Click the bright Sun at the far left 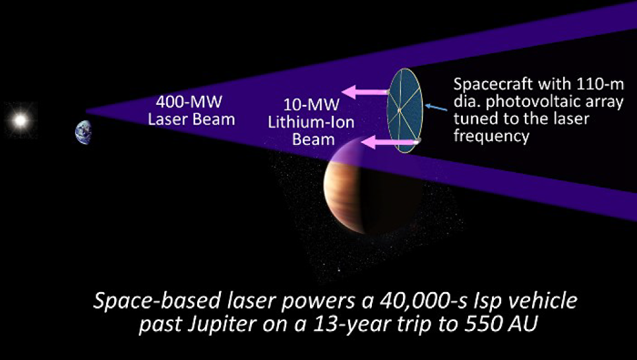coord(20,120)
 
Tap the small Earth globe coord(83,132)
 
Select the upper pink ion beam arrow coord(364,92)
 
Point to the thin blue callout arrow coord(436,107)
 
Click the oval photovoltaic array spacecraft coord(405,111)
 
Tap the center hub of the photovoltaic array coord(400,110)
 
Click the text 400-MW coord(189,102)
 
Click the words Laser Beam coord(191,119)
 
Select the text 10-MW coord(311,105)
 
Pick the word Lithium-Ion coord(311,122)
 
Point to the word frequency coord(491,136)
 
